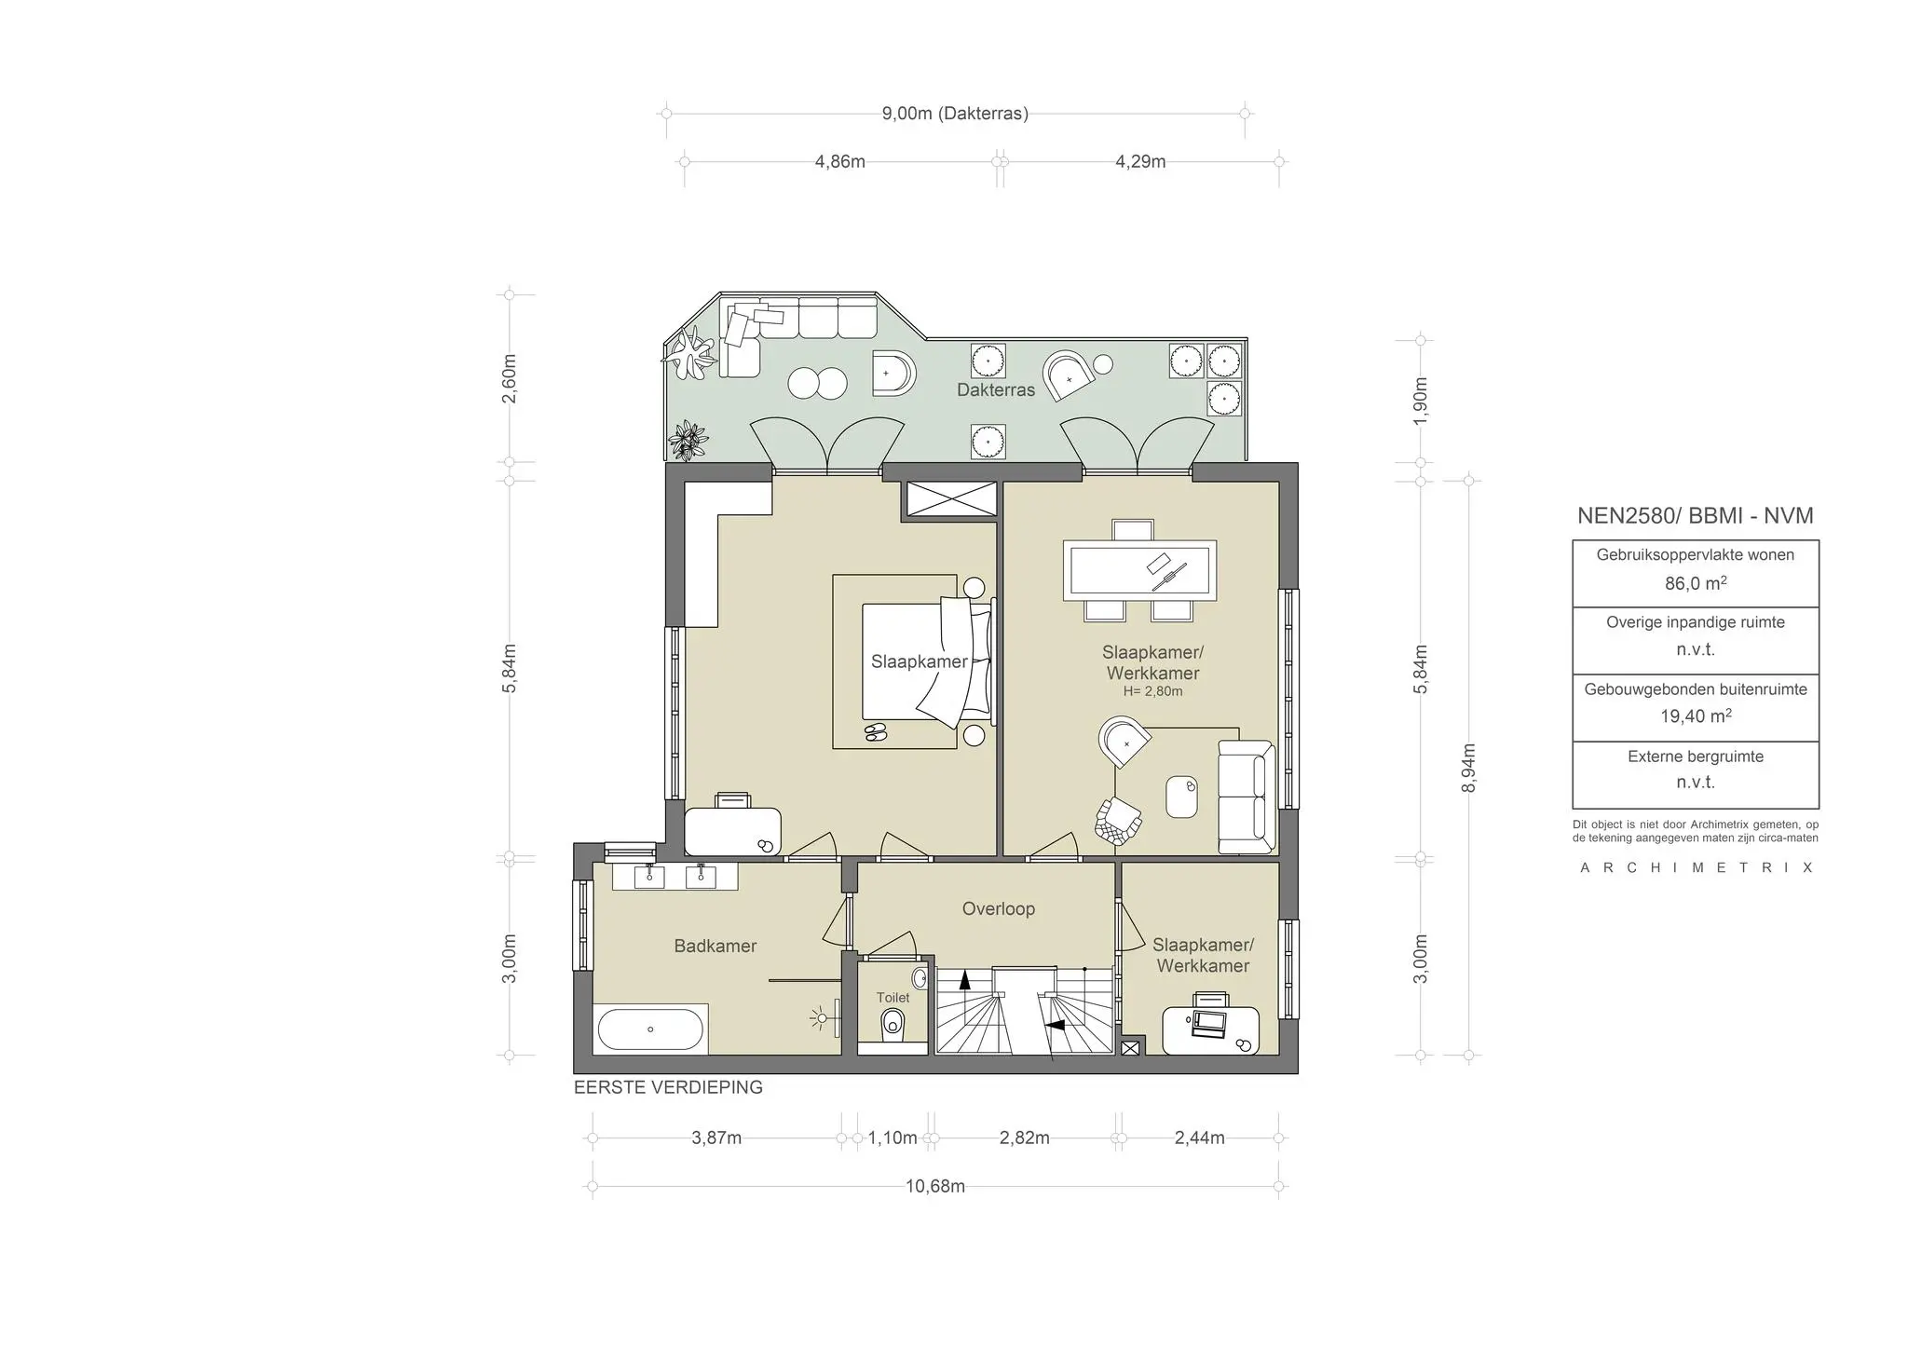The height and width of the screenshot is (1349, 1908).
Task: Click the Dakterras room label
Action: [x=995, y=389]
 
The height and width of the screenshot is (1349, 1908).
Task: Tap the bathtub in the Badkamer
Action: [x=650, y=1029]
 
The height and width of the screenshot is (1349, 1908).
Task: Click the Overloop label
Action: [x=998, y=908]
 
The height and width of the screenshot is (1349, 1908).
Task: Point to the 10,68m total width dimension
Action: [x=935, y=1186]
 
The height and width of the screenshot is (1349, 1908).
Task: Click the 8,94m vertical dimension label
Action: [x=1468, y=768]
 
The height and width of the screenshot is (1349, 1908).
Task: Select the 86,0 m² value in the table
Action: [x=1695, y=583]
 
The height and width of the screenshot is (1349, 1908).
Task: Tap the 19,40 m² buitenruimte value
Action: [x=1695, y=715]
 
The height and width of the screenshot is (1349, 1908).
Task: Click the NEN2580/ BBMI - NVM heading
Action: [x=1695, y=515]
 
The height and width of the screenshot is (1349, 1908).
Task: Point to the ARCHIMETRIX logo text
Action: [x=1696, y=867]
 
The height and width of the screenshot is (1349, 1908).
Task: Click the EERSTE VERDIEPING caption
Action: [x=668, y=1087]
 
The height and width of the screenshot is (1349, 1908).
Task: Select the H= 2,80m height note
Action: [x=1152, y=691]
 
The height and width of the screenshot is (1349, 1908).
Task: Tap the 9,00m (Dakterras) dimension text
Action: [x=955, y=114]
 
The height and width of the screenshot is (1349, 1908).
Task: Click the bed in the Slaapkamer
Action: [x=918, y=661]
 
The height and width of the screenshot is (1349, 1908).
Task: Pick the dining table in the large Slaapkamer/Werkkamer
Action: [x=1140, y=570]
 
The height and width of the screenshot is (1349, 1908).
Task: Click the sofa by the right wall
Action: [x=1247, y=796]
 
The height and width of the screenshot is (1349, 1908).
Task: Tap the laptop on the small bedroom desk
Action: [x=1210, y=1023]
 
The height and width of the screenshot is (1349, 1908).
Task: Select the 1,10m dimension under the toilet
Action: [x=892, y=1138]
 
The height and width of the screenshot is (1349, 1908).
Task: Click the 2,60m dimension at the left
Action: [x=509, y=378]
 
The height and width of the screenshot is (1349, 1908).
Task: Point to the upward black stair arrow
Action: [x=964, y=979]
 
